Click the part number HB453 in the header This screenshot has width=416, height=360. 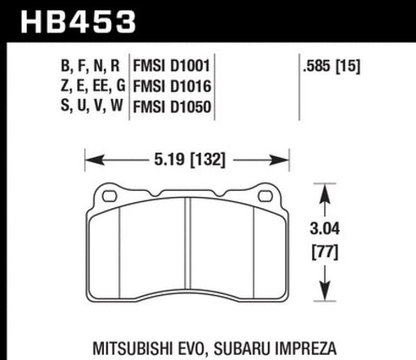(x=78, y=22)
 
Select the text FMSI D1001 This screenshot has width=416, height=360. (x=172, y=66)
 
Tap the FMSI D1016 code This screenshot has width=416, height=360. (x=172, y=86)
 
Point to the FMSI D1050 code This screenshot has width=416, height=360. (x=172, y=107)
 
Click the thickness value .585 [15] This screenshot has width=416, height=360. (x=331, y=67)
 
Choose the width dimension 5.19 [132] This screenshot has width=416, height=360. (x=190, y=160)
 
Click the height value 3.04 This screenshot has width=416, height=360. (x=325, y=229)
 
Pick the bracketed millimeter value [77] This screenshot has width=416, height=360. (x=325, y=252)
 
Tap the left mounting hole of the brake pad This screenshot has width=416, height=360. (x=109, y=196)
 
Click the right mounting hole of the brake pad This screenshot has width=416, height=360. (x=265, y=196)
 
